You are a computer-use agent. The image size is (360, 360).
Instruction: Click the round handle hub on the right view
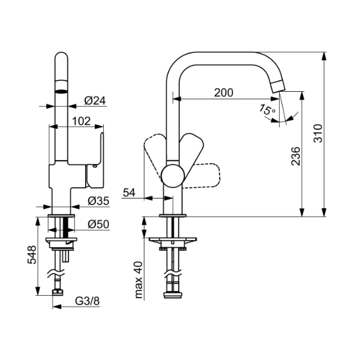click(172, 176)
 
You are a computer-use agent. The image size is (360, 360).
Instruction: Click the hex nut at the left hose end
click(58, 292)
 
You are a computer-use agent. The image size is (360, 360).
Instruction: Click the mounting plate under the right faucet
click(173, 242)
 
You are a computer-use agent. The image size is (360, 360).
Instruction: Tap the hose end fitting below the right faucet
click(173, 293)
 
